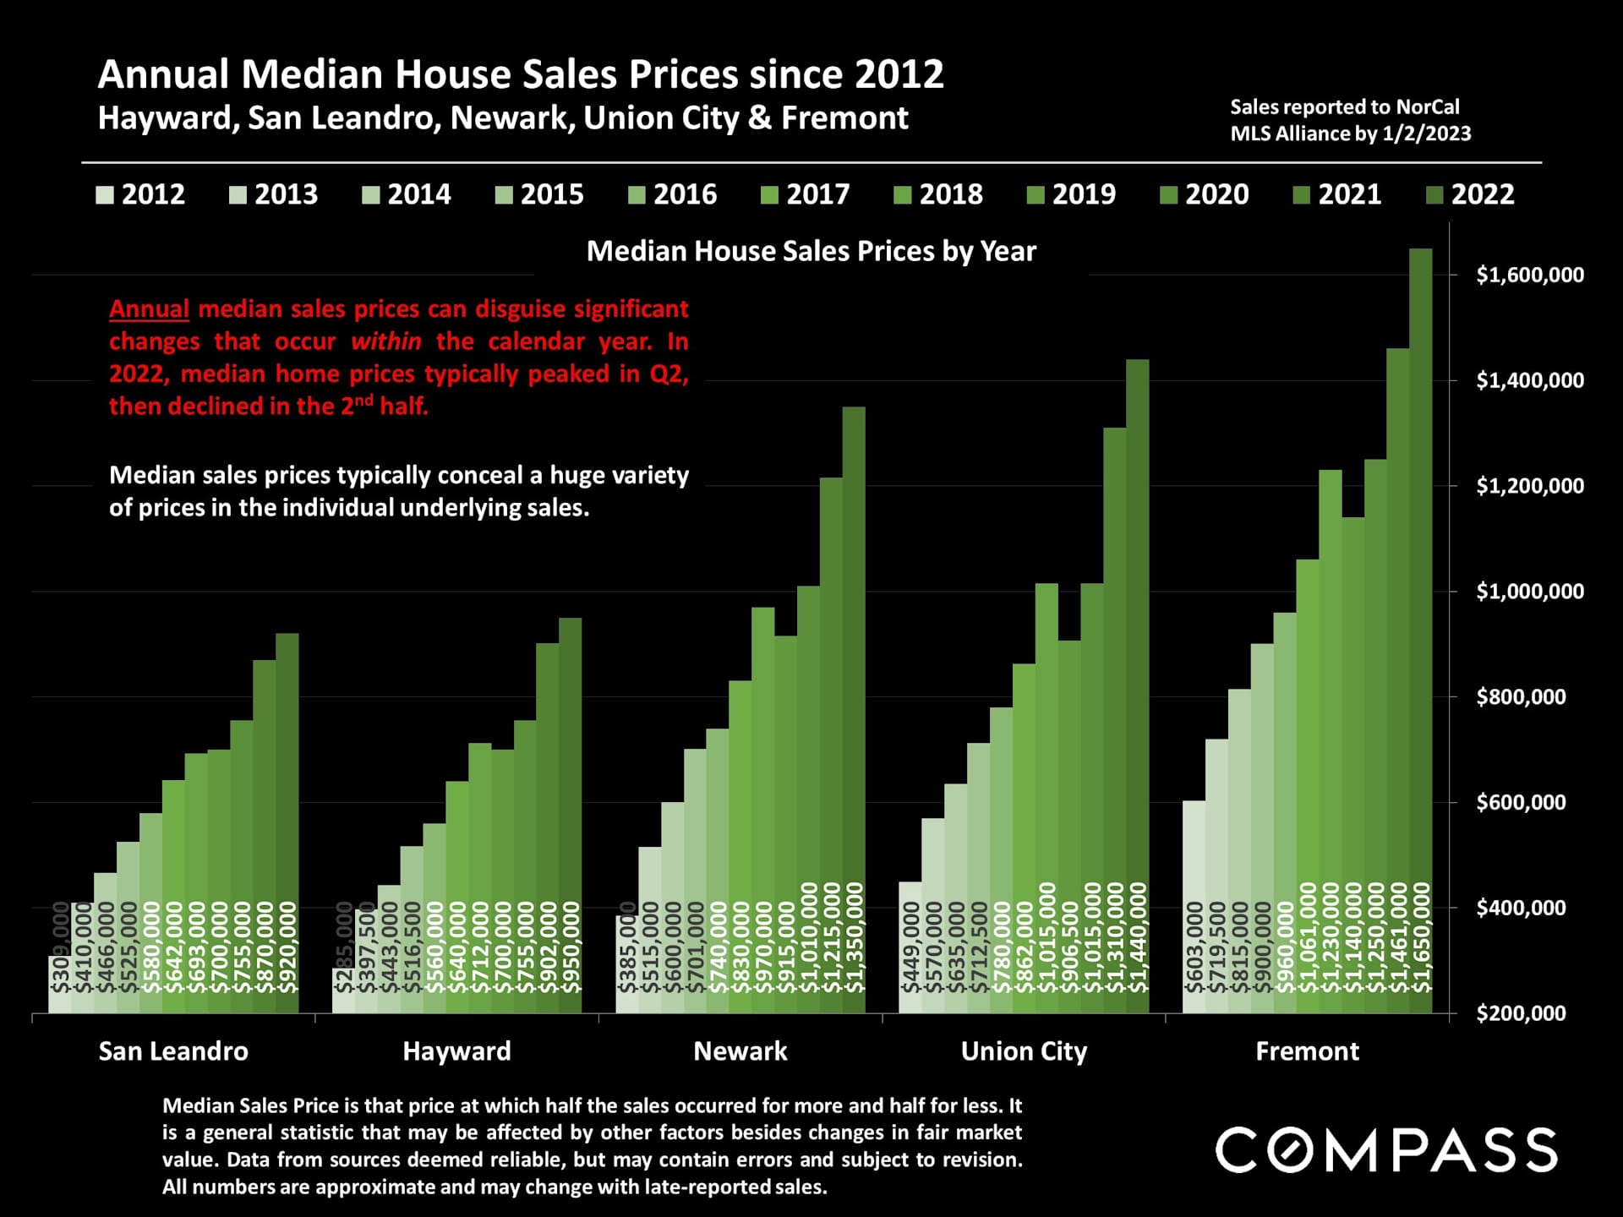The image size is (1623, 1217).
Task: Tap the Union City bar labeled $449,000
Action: pyautogui.click(x=910, y=947)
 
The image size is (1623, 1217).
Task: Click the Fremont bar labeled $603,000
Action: pyautogui.click(x=1194, y=904)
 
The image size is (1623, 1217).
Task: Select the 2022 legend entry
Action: pyautogui.click(x=1471, y=194)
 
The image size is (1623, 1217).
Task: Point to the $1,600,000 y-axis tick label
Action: pyautogui.click(x=1529, y=275)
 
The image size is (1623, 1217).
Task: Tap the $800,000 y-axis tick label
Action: pyautogui.click(x=1520, y=696)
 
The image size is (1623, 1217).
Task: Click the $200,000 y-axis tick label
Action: pyautogui.click(x=1520, y=1012)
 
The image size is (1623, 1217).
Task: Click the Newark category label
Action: pyautogui.click(x=740, y=1051)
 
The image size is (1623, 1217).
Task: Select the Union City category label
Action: pyautogui.click(x=1024, y=1051)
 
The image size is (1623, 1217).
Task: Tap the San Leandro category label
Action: pyautogui.click(x=173, y=1051)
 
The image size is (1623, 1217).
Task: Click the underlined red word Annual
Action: pyautogui.click(x=149, y=308)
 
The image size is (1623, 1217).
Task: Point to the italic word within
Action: pyautogui.click(x=385, y=341)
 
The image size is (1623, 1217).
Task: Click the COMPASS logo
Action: pyautogui.click(x=1386, y=1149)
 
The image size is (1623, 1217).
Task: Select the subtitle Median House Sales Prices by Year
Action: pyautogui.click(x=811, y=251)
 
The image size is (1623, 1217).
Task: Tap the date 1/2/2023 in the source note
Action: pyautogui.click(x=1426, y=134)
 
